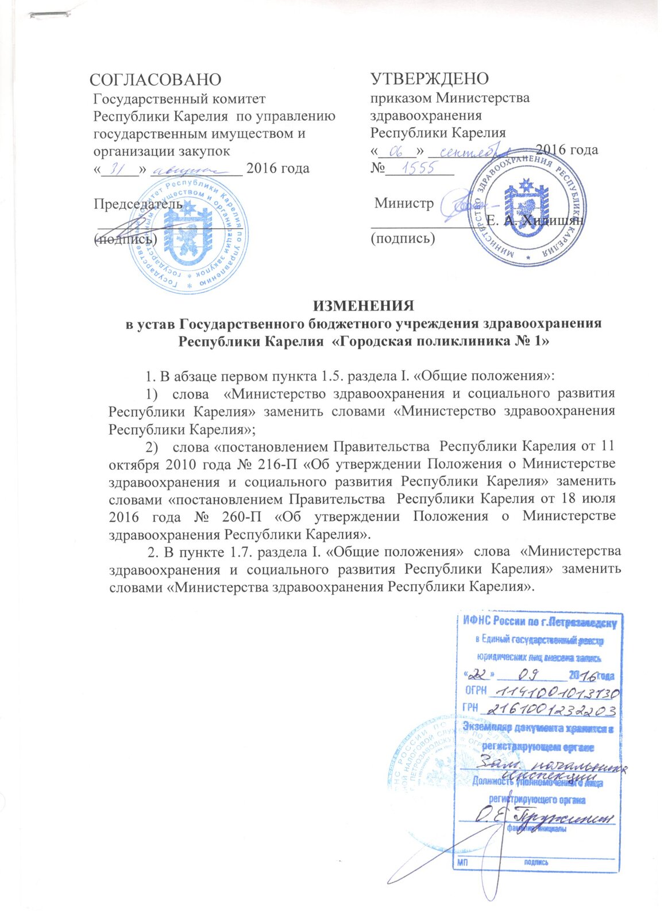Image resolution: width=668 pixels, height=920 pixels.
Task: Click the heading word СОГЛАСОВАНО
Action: (156, 79)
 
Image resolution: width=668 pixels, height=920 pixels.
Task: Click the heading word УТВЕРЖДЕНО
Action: (430, 79)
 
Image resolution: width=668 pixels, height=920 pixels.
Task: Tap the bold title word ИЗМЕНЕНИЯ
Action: (363, 305)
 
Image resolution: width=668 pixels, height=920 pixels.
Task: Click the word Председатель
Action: (138, 204)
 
